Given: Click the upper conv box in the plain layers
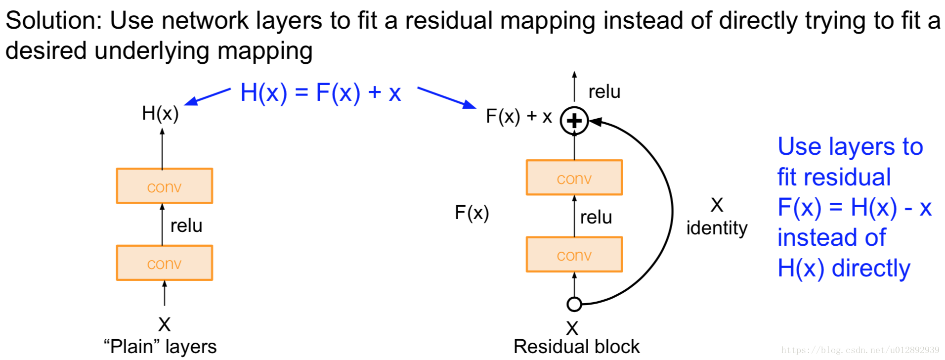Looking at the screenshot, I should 164,186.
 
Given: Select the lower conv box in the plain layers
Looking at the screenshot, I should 164,263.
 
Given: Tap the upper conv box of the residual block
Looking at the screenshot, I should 574,178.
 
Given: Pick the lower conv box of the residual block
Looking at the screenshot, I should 574,254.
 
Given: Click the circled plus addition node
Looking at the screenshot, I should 574,121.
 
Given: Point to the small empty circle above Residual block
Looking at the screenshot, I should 574,304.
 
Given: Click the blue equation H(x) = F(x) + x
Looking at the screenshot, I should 320,92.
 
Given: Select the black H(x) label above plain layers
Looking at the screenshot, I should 160,113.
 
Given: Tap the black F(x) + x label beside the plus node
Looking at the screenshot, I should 518,116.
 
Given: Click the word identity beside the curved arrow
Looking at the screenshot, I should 717,228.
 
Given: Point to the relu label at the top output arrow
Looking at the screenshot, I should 604,91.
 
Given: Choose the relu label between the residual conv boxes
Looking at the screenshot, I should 596,217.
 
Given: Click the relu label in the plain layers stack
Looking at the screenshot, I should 186,225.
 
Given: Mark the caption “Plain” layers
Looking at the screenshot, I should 160,347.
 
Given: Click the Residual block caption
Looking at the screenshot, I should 576,347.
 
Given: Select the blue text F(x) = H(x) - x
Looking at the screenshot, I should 854,207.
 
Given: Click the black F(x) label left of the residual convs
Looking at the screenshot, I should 472,213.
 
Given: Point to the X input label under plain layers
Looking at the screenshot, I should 164,324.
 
